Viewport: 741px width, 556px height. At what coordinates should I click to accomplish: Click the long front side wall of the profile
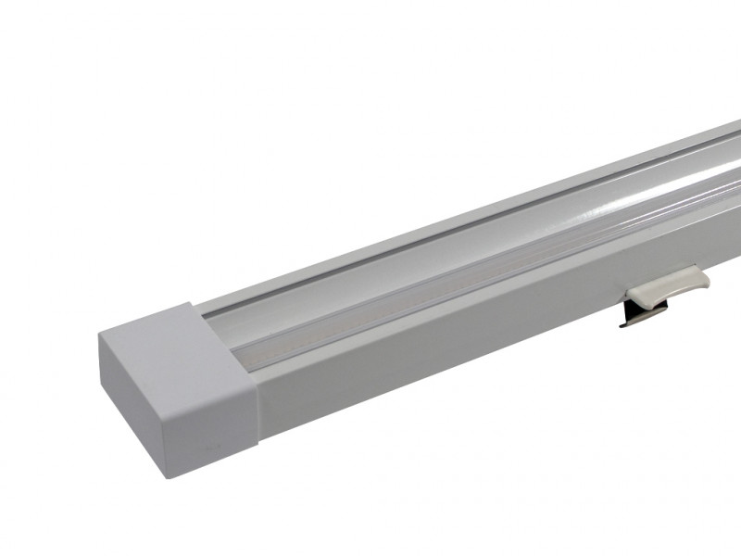tap(445, 334)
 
